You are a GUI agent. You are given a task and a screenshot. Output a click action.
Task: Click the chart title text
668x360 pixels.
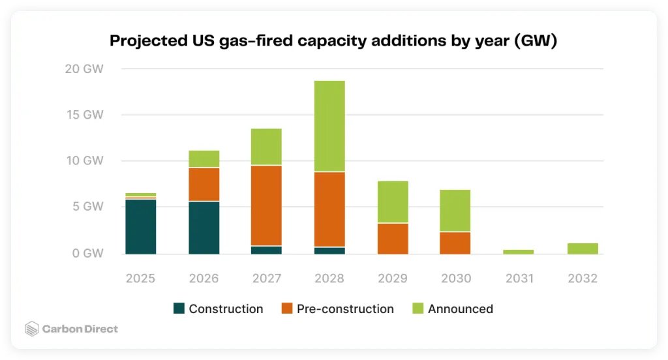click(333, 41)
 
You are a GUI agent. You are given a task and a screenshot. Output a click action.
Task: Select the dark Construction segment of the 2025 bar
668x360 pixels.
click(140, 226)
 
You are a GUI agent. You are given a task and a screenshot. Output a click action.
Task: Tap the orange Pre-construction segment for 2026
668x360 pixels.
click(204, 185)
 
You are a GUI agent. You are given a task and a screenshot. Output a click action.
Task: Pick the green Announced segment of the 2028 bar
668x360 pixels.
click(329, 126)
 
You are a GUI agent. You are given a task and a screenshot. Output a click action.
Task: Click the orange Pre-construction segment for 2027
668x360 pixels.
click(266, 205)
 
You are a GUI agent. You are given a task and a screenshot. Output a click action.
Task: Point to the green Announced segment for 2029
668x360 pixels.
click(393, 202)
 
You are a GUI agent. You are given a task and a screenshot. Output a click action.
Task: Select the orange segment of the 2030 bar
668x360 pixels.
click(455, 243)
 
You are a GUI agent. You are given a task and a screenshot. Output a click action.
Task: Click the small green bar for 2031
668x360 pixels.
click(519, 252)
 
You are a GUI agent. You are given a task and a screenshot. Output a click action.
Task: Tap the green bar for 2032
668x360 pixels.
click(582, 248)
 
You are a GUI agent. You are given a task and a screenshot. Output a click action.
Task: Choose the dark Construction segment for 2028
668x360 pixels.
click(329, 250)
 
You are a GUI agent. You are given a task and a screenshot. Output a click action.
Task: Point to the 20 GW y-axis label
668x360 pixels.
click(84, 69)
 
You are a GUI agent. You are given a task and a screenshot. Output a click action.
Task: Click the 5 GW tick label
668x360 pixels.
click(87, 207)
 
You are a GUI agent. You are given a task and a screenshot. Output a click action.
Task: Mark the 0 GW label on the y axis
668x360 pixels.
click(87, 254)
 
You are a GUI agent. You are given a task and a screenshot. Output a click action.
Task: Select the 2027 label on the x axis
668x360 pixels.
click(266, 278)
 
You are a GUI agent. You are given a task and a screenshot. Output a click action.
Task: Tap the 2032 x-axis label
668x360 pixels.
click(582, 278)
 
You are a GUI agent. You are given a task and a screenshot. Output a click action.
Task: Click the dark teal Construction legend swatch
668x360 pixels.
click(179, 309)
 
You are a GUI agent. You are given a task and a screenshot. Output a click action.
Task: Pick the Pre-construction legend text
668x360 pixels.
click(345, 309)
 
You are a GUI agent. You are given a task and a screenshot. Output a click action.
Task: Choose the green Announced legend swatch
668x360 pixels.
click(417, 309)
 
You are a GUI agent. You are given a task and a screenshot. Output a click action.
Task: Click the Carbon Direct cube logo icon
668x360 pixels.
click(32, 329)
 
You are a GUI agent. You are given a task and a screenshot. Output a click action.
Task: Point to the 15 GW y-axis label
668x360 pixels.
click(85, 115)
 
